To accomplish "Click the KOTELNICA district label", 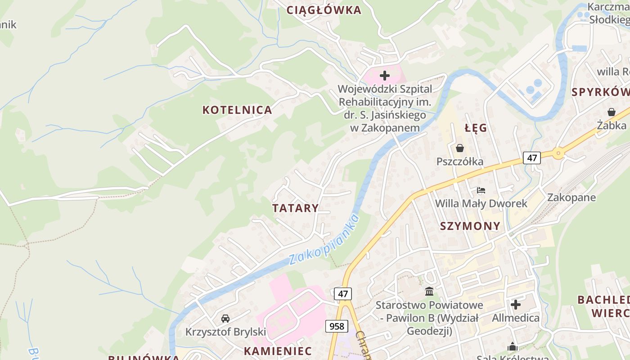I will coord(237,110).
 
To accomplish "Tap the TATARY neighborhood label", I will coord(295,208).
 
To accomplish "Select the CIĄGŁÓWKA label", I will coord(324,10).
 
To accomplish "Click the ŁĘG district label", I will coord(476,128).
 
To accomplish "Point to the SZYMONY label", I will coord(470,226).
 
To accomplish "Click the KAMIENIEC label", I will coord(278,351).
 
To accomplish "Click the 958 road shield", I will coord(336,326).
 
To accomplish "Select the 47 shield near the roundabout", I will coord(532,158).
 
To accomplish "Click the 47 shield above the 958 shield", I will coord(343,294).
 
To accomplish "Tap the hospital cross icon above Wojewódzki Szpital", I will coord(385,76).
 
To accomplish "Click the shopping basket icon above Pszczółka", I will coord(460,148).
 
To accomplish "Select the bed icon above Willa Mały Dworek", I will coord(481,190).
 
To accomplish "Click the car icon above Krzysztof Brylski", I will coord(225,319).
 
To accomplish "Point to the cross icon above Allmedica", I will coord(516,305).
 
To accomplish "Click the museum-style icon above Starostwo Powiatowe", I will coord(429,292).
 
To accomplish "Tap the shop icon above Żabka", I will coord(611,112).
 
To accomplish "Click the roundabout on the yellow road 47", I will coord(558,153).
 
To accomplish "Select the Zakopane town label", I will coord(571,198).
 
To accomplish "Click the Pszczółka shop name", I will coord(460,162).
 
